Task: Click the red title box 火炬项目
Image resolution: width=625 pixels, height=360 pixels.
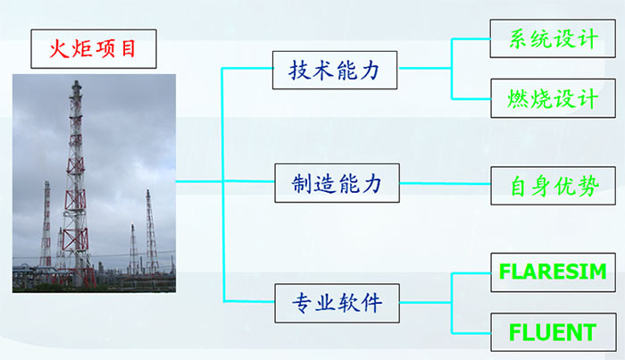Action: (x=94, y=48)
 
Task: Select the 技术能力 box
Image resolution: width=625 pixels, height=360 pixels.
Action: (x=335, y=71)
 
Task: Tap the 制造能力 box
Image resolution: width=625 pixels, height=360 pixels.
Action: (x=337, y=183)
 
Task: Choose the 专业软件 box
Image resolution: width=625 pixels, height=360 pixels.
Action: (x=337, y=304)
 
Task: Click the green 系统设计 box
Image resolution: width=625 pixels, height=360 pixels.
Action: (x=553, y=38)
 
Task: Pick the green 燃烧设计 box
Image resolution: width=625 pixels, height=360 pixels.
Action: (x=554, y=98)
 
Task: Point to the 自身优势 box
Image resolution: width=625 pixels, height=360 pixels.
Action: (x=554, y=186)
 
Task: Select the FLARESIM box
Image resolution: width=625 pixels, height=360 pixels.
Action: (x=554, y=272)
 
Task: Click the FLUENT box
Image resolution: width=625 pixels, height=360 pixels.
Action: (x=554, y=332)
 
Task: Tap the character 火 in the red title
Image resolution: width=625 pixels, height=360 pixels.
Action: (x=59, y=49)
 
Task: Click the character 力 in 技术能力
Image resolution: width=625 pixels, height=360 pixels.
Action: (x=370, y=71)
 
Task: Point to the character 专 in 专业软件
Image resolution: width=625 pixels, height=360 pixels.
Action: (x=302, y=303)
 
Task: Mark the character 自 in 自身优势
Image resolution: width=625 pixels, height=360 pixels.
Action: (x=518, y=186)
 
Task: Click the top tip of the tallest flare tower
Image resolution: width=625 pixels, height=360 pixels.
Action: (x=77, y=81)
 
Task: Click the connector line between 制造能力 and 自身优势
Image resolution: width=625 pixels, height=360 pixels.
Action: (x=446, y=183)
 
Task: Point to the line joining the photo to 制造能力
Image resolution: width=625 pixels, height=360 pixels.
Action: (x=225, y=181)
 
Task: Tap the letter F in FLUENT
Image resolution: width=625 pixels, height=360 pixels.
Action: (x=516, y=332)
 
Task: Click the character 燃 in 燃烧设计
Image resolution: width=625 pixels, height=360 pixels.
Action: (x=517, y=98)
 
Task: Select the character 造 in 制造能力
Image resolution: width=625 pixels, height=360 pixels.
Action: (x=325, y=184)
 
